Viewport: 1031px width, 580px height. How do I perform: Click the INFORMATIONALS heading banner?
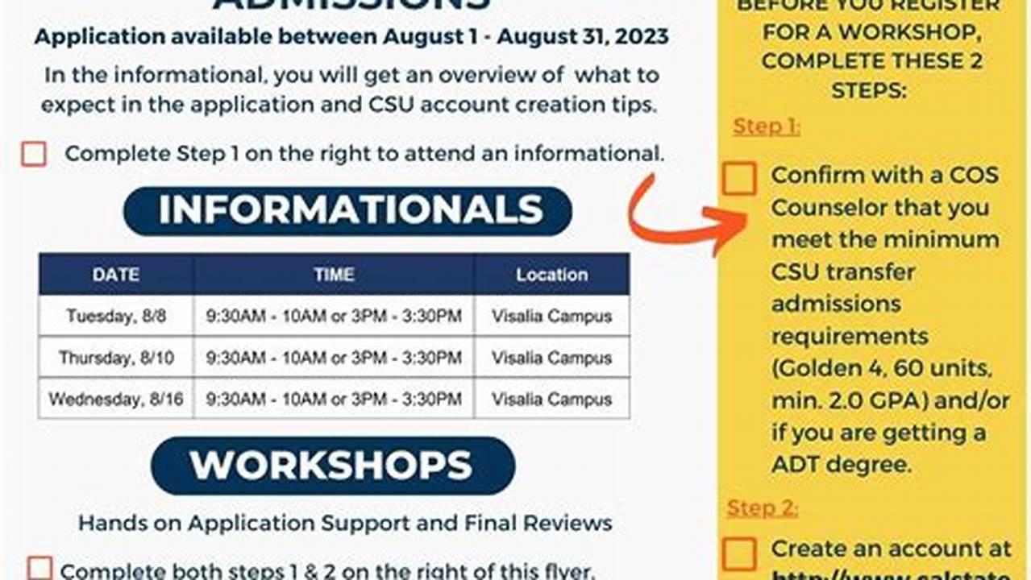[x=347, y=211]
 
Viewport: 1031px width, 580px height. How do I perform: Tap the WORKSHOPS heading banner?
[x=332, y=466]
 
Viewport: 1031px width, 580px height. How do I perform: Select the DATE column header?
[x=115, y=275]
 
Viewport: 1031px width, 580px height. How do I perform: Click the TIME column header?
[x=334, y=275]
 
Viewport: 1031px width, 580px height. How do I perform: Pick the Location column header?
[x=551, y=275]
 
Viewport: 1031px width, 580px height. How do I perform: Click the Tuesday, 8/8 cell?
[x=116, y=316]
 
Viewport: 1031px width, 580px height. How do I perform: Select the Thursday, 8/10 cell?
[x=116, y=358]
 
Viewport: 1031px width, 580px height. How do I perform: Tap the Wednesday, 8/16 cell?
[x=116, y=399]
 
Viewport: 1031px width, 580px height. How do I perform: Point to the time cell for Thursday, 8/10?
[x=334, y=358]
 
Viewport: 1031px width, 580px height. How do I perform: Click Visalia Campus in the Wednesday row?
[x=551, y=399]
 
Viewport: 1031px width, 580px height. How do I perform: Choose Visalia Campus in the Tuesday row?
[x=551, y=316]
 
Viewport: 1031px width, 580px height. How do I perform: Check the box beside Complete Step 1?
[x=34, y=154]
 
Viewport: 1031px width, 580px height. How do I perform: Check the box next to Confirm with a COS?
[x=739, y=178]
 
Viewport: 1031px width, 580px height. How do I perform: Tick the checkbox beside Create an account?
[x=739, y=553]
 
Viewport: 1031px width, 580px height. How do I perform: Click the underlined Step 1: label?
[x=766, y=126]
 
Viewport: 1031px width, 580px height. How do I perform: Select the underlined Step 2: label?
[x=762, y=507]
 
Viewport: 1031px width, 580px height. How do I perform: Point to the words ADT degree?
[x=841, y=465]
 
